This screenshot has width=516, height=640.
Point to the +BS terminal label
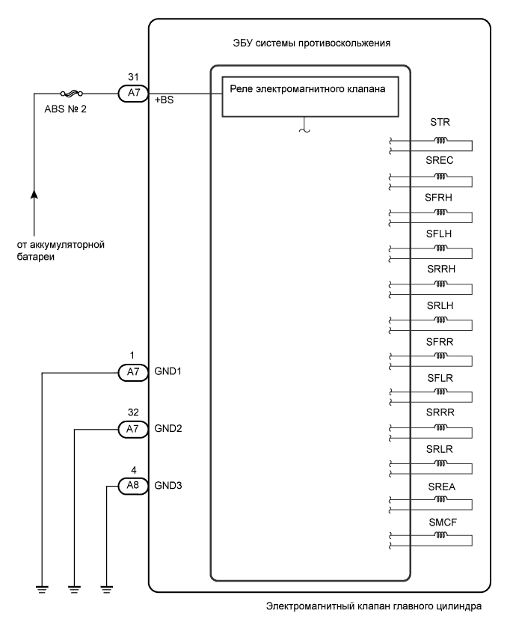tap(165, 100)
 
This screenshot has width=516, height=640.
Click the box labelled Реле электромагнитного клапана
tap(309, 96)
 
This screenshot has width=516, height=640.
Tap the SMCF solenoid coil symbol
tap(441, 536)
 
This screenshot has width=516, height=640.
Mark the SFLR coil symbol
tap(441, 392)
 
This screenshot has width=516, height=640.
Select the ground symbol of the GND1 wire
tap(42, 589)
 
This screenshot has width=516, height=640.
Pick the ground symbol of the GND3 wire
tap(107, 589)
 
